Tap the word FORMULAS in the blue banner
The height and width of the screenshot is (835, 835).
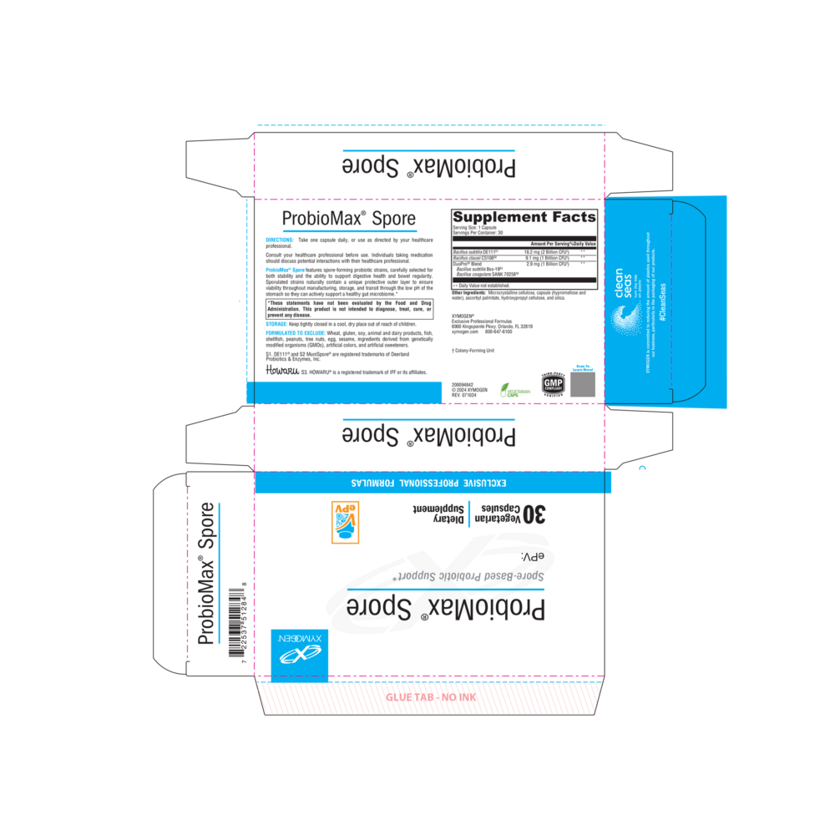pyautogui.click(x=372, y=483)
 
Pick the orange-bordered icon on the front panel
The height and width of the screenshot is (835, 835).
pyautogui.click(x=346, y=523)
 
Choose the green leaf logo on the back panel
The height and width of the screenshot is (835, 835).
pyautogui.click(x=514, y=388)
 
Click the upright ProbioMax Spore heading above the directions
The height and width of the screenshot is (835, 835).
pyautogui.click(x=349, y=219)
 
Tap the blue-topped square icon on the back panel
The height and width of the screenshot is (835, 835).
pyautogui.click(x=583, y=382)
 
